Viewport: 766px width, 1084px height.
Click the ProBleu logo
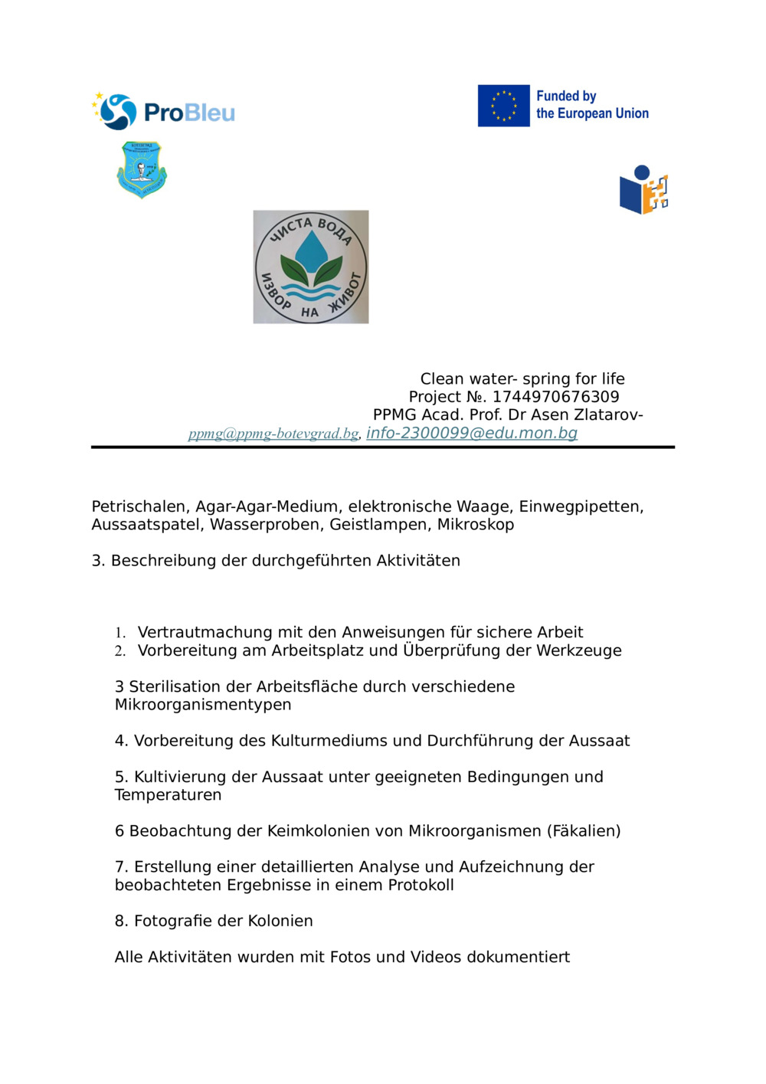pyautogui.click(x=163, y=112)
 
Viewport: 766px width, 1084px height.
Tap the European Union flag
pyautogui.click(x=503, y=106)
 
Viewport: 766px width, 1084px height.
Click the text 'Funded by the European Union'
pyautogui.click(x=591, y=105)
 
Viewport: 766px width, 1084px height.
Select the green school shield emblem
pyautogui.click(x=142, y=169)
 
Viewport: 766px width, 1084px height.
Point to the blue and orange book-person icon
pyautogui.click(x=643, y=190)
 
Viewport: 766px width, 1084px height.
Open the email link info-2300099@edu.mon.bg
pyautogui.click(x=471, y=433)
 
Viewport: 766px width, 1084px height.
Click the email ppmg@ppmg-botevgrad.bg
pyautogui.click(x=273, y=434)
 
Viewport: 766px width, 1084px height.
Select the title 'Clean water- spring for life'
pyautogui.click(x=522, y=378)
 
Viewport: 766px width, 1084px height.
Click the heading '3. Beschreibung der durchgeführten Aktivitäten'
pyautogui.click(x=276, y=561)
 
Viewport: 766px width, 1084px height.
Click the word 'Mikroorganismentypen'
pyautogui.click(x=203, y=705)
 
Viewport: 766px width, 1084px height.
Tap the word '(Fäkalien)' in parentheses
pyautogui.click(x=583, y=831)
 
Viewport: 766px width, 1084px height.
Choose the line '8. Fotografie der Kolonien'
pyautogui.click(x=214, y=921)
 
